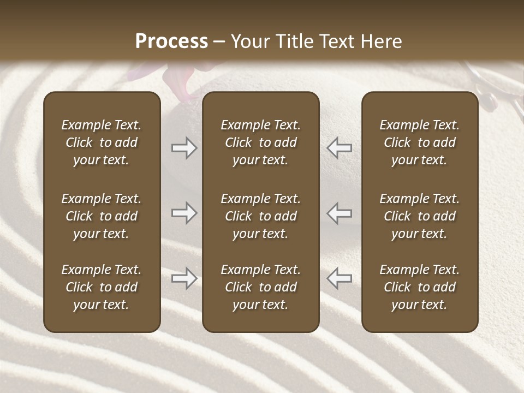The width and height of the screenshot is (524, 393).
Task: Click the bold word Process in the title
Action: pos(171,41)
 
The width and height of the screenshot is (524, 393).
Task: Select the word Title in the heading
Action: pos(296,41)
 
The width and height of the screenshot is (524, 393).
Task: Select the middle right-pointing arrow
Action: pos(184,213)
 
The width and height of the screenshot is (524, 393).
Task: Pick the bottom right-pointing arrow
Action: pos(184,278)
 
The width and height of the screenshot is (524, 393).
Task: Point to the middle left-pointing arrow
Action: pos(339,213)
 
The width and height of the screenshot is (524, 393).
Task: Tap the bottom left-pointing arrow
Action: pos(339,278)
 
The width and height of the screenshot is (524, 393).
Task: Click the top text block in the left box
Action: pos(102,142)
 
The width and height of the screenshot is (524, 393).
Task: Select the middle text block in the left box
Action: pos(102,216)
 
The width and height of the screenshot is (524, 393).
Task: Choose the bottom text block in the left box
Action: pos(102,287)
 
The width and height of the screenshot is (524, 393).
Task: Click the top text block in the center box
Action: pos(260,142)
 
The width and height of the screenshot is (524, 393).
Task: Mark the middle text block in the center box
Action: pos(260,216)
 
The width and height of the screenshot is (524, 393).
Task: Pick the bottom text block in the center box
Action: pos(260,287)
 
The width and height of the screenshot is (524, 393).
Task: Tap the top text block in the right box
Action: pos(420,142)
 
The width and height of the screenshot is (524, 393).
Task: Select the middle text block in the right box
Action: pos(420,216)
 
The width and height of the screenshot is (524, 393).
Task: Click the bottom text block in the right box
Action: pos(420,287)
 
